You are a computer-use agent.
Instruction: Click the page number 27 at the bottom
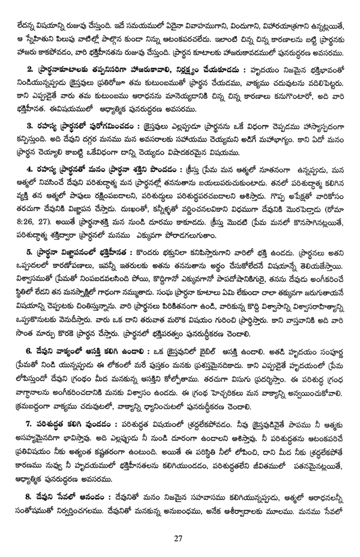[x=178, y=537]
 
